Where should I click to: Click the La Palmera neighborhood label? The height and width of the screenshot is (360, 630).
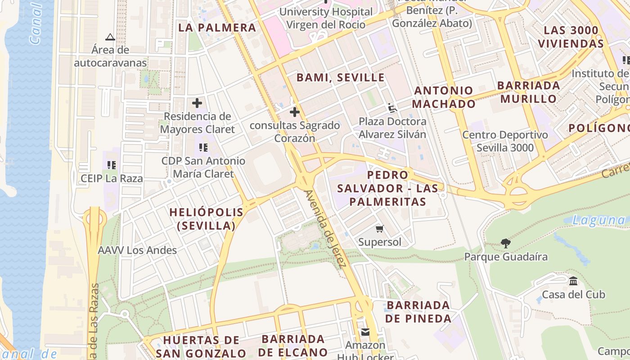tap(217, 27)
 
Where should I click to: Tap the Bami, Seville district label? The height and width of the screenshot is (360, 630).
tap(340, 77)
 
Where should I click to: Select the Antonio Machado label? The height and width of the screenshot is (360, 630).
tap(444, 97)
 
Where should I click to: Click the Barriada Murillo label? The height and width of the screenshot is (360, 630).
tap(528, 92)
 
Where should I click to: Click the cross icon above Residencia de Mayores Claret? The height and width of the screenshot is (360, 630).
tap(197, 103)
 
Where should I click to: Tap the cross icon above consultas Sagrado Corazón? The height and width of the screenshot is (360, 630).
tap(295, 112)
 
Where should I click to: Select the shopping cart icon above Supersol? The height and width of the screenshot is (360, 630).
tap(380, 229)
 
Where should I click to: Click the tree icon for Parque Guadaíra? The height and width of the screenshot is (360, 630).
tap(506, 243)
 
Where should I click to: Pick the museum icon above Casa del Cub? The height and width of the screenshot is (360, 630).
tap(573, 281)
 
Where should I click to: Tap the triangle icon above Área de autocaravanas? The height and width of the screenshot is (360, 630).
tap(110, 37)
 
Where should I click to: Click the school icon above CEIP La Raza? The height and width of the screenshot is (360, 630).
tap(112, 165)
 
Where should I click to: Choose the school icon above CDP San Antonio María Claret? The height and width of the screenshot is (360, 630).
tap(203, 147)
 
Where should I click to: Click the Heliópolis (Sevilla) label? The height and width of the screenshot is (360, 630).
tap(206, 219)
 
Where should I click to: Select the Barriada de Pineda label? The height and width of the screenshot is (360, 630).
tap(418, 312)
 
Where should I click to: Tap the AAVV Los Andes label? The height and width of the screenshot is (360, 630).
tap(137, 250)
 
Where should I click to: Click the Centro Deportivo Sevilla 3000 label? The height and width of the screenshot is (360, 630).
tap(505, 141)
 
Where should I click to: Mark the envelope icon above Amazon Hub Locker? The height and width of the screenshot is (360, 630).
tap(365, 332)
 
